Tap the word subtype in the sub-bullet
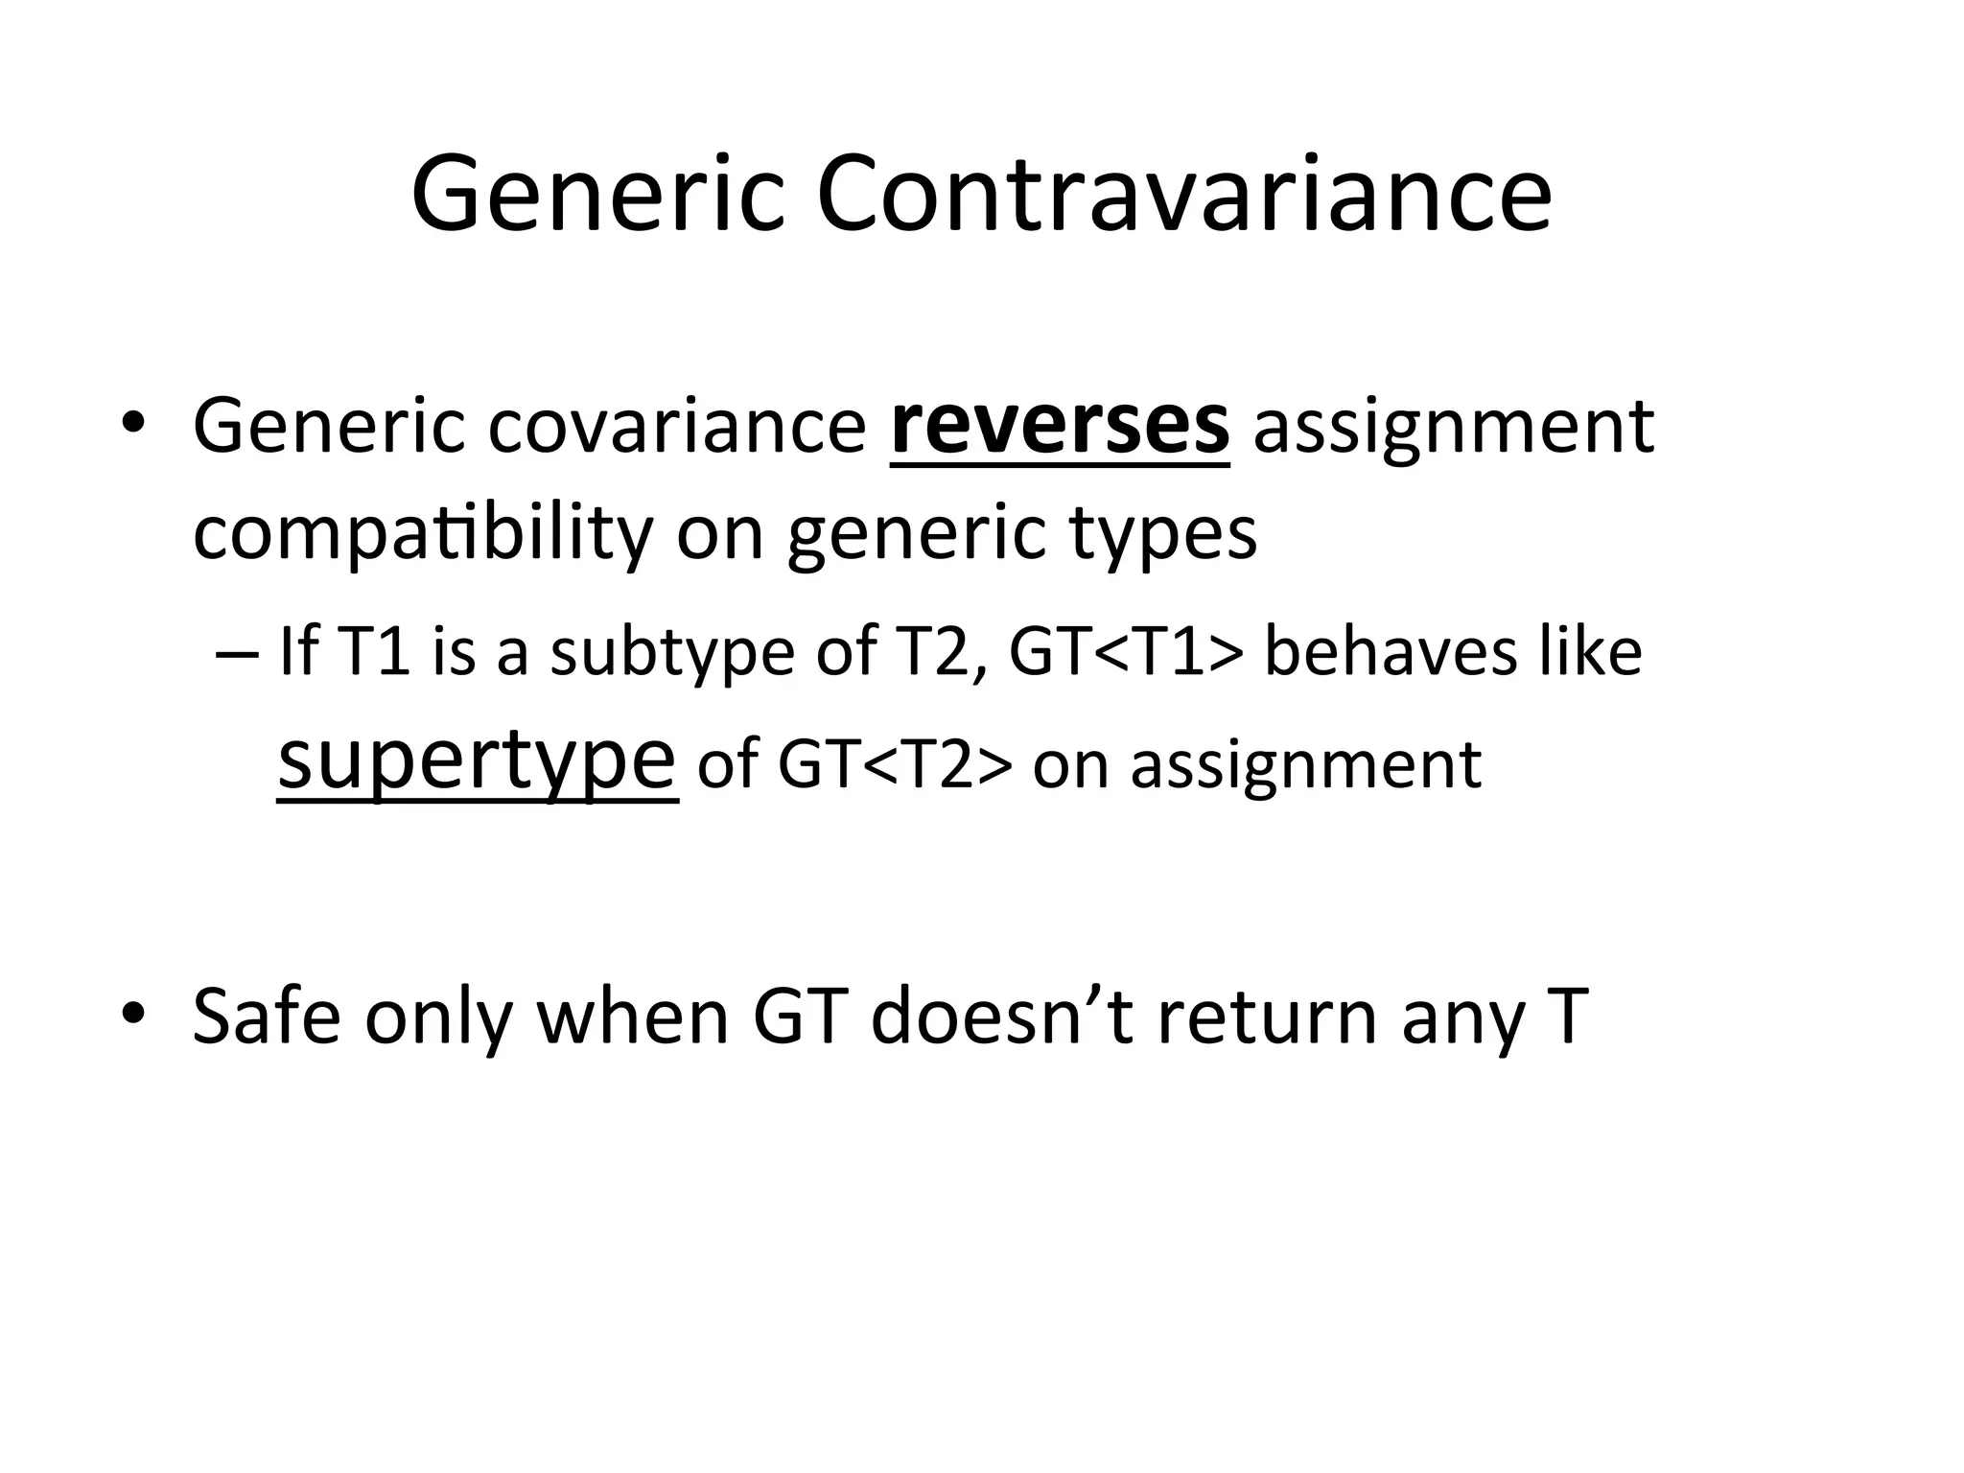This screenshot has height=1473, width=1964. (672, 652)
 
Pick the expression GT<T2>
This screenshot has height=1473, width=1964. (895, 765)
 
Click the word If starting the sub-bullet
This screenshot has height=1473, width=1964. (297, 652)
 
